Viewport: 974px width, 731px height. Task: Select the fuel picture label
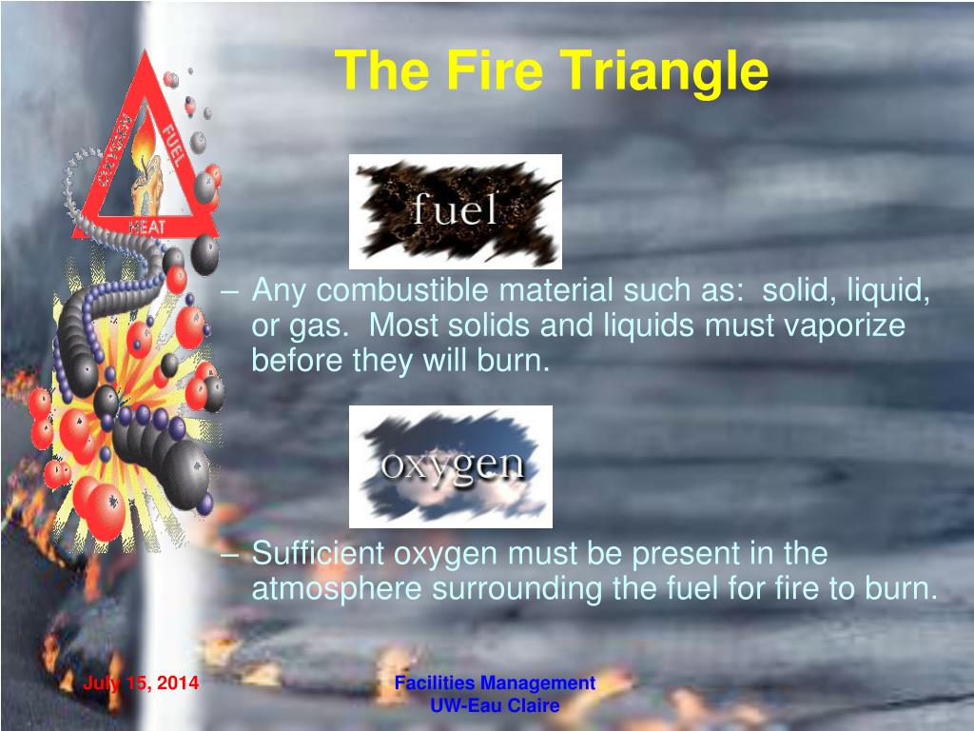click(455, 210)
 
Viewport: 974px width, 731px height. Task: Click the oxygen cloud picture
click(451, 465)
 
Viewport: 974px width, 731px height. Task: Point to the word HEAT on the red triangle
click(147, 225)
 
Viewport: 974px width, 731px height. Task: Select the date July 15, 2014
click(141, 683)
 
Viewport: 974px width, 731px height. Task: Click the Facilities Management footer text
click(495, 682)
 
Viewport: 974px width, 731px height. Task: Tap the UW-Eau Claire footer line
click(495, 705)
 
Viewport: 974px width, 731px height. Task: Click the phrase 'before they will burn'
click(400, 361)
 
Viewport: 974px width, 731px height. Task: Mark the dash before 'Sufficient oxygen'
click(236, 554)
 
